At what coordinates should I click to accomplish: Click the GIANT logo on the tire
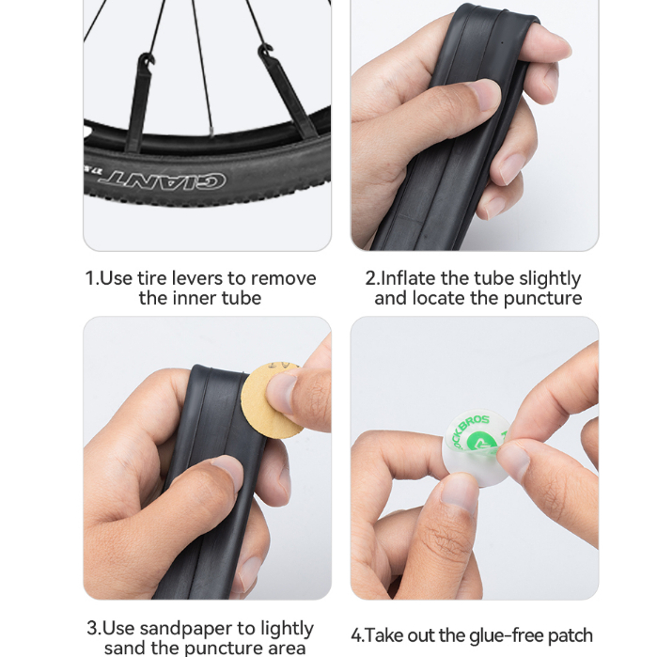163,179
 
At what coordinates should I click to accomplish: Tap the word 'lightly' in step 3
287,630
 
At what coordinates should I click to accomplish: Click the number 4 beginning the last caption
356,635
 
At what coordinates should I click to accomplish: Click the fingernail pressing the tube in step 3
228,472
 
